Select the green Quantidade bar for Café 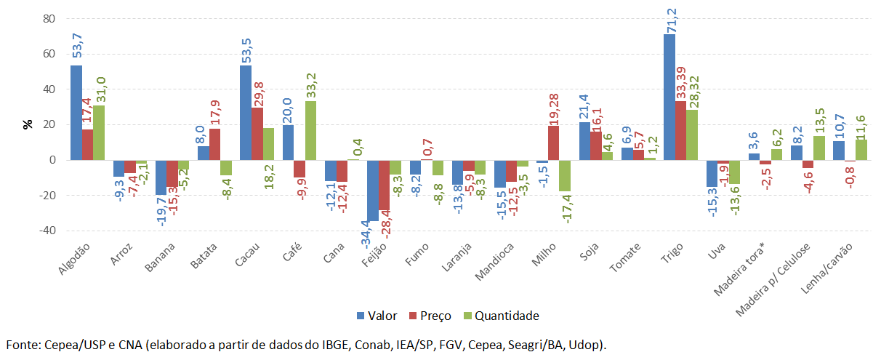[x=310, y=130]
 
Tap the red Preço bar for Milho [x=553, y=143]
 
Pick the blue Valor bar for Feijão [x=373, y=190]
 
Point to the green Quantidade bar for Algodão [x=99, y=132]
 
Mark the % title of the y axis [x=28, y=124]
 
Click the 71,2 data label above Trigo [x=669, y=17]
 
